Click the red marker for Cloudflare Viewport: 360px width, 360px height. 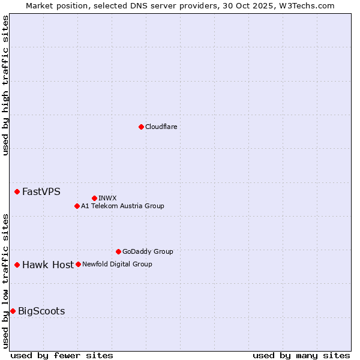click(141, 127)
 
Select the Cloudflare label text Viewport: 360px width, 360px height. click(161, 127)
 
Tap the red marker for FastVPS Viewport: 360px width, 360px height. click(17, 191)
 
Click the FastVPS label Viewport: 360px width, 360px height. click(41, 192)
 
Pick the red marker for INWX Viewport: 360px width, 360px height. click(95, 198)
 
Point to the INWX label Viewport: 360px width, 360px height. click(107, 198)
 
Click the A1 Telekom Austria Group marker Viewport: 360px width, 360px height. click(77, 206)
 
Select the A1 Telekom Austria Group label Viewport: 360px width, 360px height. click(122, 206)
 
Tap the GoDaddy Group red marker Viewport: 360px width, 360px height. click(118, 251)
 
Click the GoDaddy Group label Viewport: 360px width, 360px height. click(148, 251)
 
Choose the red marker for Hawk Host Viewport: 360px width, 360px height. click(17, 265)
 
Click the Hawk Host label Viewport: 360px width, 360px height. click(48, 265)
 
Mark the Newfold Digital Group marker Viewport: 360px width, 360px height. click(78, 264)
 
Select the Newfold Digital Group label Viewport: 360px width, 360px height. click(117, 264)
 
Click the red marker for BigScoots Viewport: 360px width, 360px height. click(13, 311)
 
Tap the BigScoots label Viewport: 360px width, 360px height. click(41, 311)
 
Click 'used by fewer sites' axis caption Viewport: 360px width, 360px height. click(62, 355)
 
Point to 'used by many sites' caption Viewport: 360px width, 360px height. click(301, 355)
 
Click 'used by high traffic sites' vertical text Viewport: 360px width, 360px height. click(5, 85)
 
